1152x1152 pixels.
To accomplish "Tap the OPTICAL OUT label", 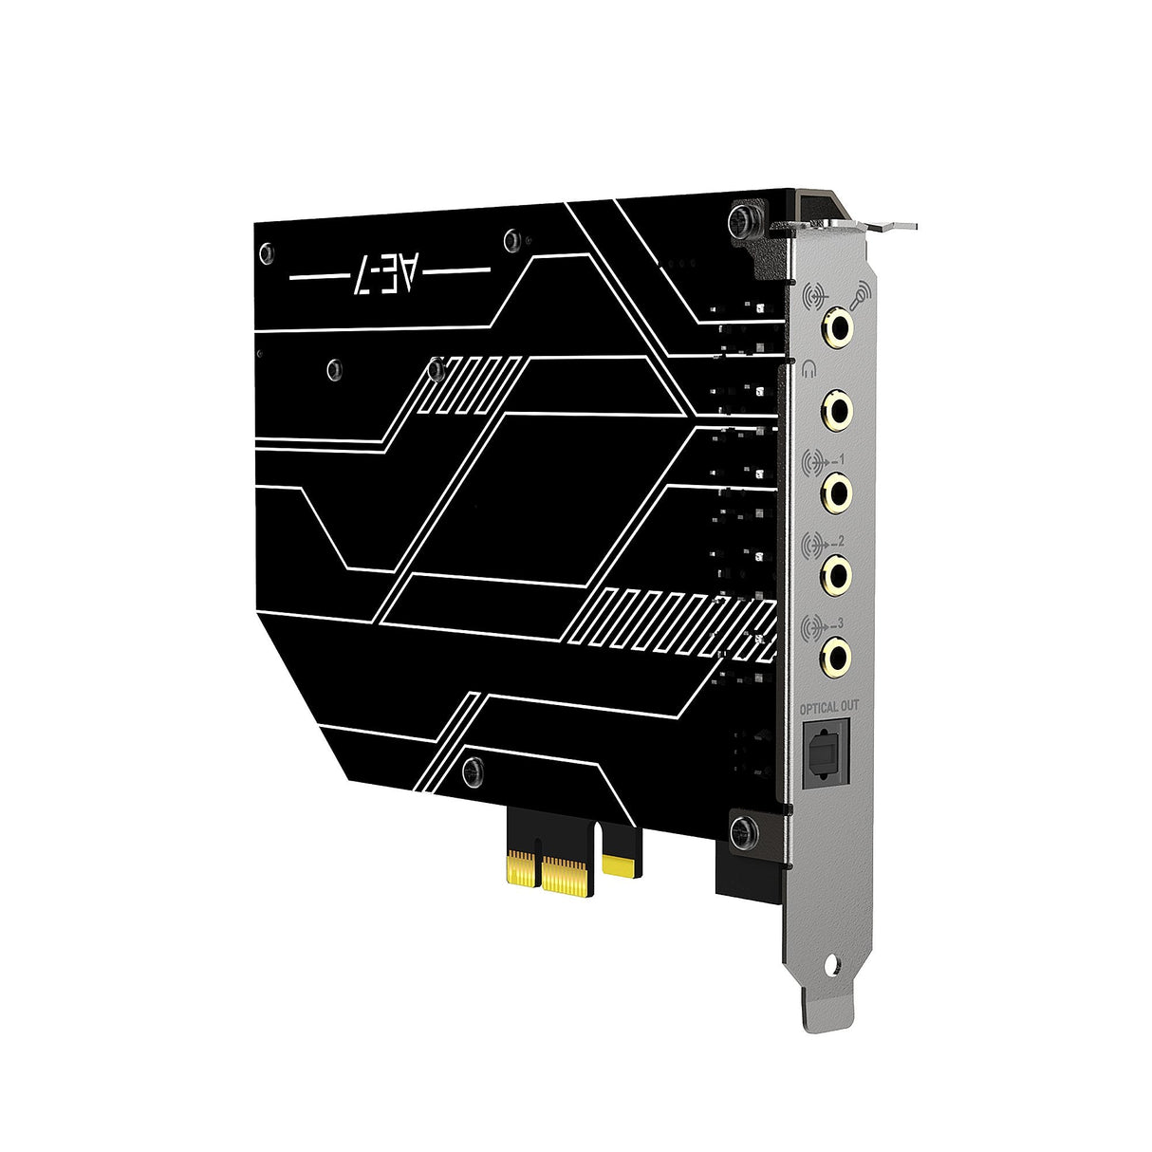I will pos(828,707).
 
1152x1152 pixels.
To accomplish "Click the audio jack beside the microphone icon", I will pos(838,327).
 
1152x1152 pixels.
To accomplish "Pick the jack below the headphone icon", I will pos(837,409).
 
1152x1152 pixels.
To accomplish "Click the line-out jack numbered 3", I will pos(836,654).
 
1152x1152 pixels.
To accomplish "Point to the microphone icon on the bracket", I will pos(862,295).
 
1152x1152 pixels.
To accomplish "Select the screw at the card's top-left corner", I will pos(268,253).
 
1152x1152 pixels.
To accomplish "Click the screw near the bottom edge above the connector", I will pos(472,772).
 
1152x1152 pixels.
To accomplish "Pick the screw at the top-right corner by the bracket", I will pos(742,221).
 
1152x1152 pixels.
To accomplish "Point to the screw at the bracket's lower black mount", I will pos(743,832).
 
